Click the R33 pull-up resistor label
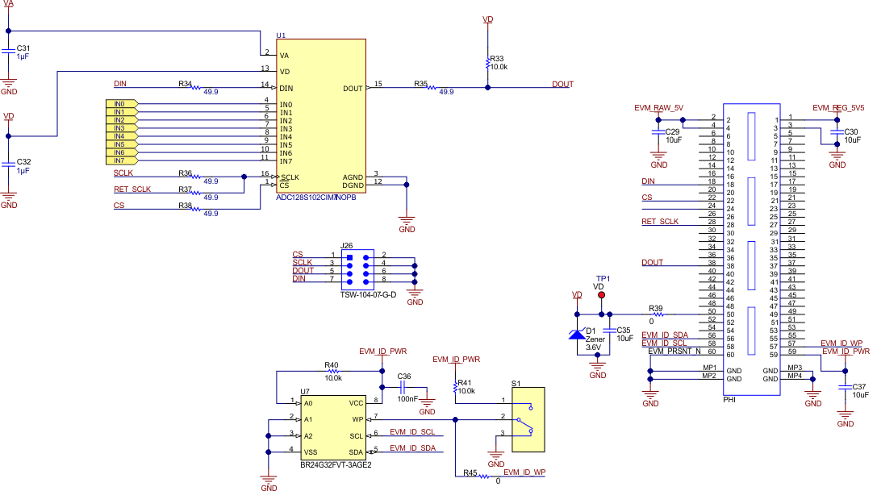pos(497,58)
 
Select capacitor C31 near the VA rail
pos(23,48)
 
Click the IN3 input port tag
pos(120,128)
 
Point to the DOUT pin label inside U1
pos(353,88)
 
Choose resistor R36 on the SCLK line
pos(186,173)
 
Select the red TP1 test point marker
pos(601,295)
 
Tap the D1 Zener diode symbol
pos(577,333)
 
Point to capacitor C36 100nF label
pos(404,376)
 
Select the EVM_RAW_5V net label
pos(658,107)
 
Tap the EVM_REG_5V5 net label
pos(838,107)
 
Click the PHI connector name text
pos(729,398)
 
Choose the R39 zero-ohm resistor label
pos(655,308)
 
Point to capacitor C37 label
pos(860,386)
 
